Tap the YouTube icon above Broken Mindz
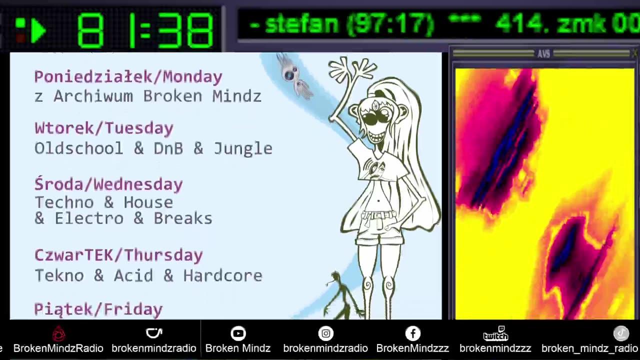tap(238, 333)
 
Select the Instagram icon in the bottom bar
tap(325, 333)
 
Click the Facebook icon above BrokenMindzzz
tap(413, 333)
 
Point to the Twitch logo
tap(495, 333)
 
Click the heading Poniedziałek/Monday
tap(128, 77)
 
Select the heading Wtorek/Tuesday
tap(104, 128)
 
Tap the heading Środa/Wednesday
tap(108, 184)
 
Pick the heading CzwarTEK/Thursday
tap(118, 255)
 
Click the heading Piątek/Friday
tap(98, 309)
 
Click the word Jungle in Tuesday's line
tap(243, 148)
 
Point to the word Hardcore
tap(222, 275)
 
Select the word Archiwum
tap(93, 96)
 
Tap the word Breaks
tap(183, 218)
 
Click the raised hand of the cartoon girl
tap(352, 68)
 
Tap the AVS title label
tap(543, 53)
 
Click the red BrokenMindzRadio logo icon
tap(58, 333)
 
